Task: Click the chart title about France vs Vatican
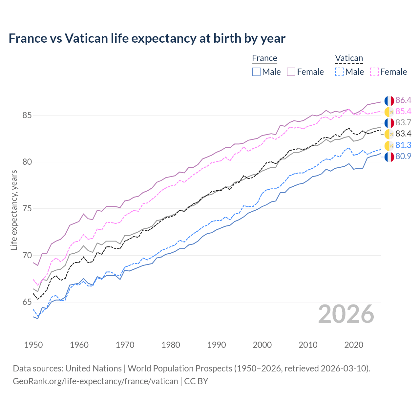[147, 38]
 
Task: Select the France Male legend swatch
[256, 72]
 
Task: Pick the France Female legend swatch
[291, 72]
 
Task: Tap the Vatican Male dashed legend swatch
[339, 72]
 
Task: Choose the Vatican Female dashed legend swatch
[374, 72]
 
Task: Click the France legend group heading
[264, 58]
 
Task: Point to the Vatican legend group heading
[349, 58]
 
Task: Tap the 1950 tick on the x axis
[33, 345]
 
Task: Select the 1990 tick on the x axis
[217, 345]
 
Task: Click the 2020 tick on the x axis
[354, 345]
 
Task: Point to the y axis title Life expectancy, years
[14, 210]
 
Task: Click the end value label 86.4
[403, 100]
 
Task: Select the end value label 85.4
[403, 112]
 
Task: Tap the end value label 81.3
[403, 145]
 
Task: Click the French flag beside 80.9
[389, 157]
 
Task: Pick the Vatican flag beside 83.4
[389, 134]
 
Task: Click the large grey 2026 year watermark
[346, 314]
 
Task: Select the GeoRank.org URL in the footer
[95, 381]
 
